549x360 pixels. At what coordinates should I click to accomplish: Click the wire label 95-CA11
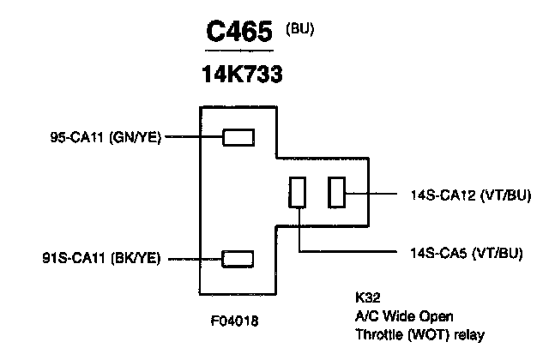pos(77,136)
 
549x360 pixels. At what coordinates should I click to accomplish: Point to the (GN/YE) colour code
pos(136,136)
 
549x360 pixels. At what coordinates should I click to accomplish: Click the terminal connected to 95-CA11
pos(238,136)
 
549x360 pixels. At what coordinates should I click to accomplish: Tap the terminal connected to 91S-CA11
pos(238,258)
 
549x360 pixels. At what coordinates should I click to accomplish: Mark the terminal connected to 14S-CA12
pos(337,193)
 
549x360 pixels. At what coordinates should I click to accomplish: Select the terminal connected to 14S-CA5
pos(298,193)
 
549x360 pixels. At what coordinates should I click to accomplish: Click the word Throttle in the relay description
pos(379,333)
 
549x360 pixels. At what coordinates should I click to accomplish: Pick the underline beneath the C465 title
pos(241,51)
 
